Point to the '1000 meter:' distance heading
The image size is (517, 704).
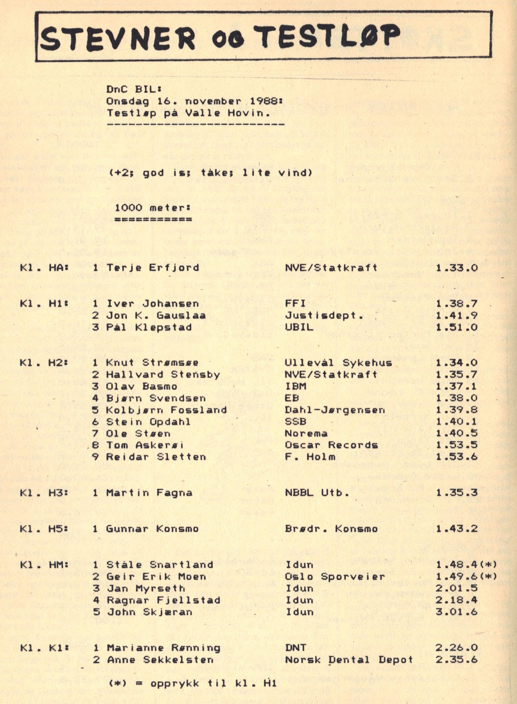point(153,208)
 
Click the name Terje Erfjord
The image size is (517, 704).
point(153,268)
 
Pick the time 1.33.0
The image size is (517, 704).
point(457,268)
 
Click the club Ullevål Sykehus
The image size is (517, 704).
point(338,363)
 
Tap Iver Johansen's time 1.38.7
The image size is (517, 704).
point(457,304)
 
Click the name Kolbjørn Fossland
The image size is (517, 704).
point(166,410)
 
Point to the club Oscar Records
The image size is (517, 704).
point(331,445)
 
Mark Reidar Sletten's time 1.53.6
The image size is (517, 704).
point(457,457)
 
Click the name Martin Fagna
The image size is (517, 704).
point(149,493)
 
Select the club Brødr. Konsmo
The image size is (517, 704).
point(331,529)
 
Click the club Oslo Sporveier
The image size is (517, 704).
point(335,576)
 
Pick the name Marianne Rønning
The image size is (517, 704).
point(163,648)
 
